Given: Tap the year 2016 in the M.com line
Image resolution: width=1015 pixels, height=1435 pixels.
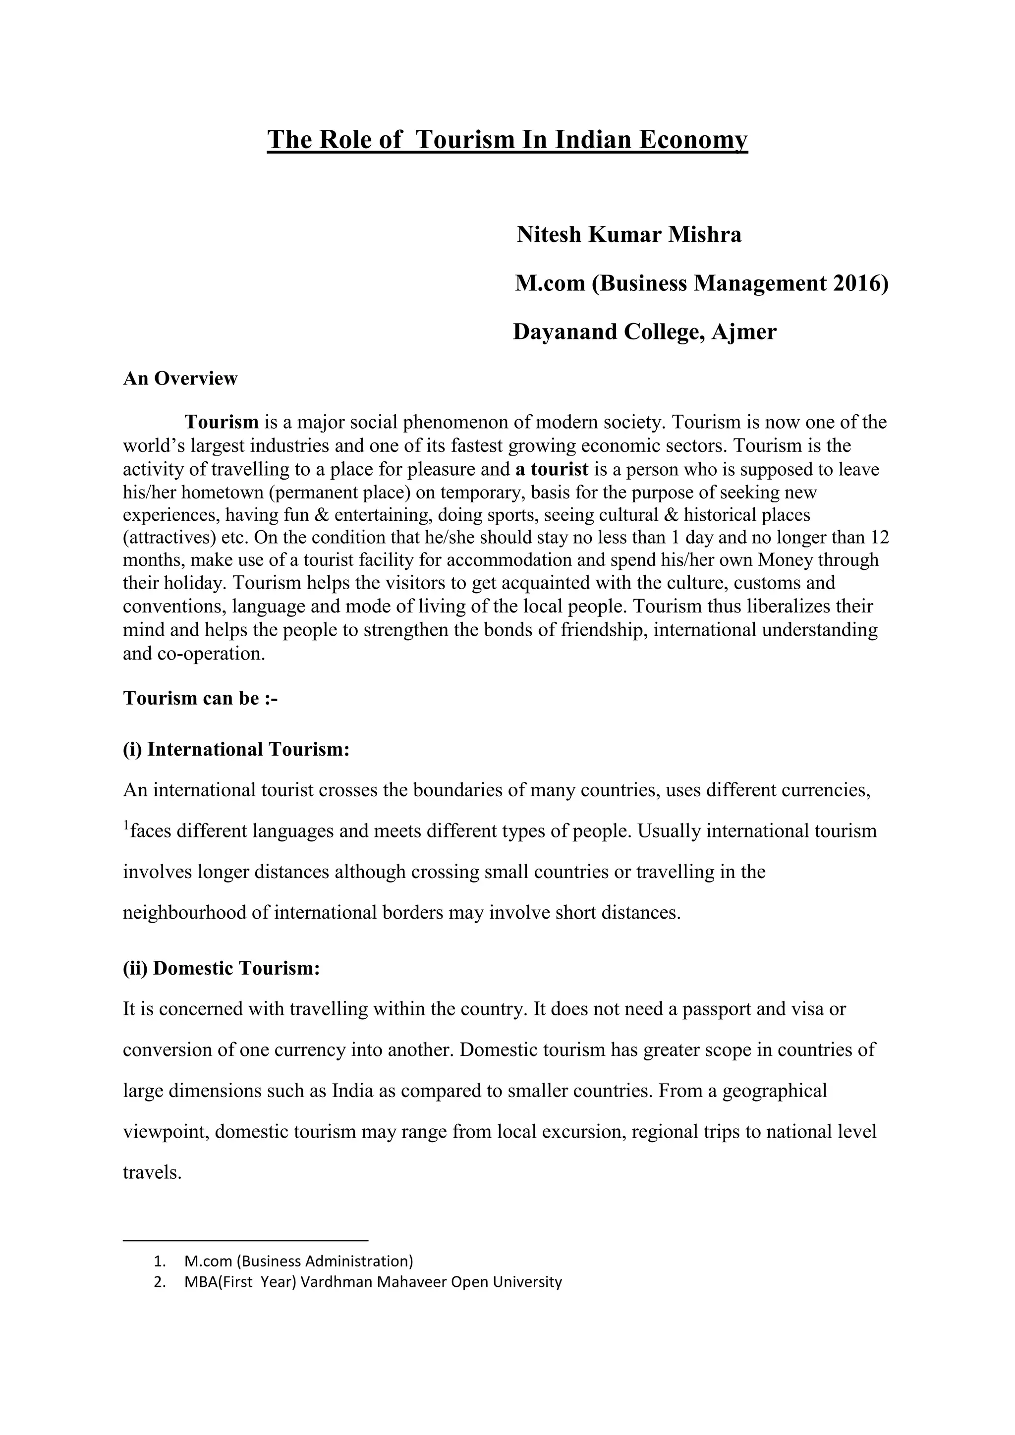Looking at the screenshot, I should click(860, 284).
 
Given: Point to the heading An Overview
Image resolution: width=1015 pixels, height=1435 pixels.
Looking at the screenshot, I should click(180, 379).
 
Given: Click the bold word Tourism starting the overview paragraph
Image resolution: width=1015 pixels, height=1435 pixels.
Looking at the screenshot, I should click(221, 423).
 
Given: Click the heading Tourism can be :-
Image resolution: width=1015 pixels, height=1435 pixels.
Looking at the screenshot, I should click(200, 698).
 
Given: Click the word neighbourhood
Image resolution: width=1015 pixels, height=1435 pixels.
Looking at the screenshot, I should click(184, 913).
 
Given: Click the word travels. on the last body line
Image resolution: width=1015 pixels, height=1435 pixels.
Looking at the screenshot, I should click(152, 1172).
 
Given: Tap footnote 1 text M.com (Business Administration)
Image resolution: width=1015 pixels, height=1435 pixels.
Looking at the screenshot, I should click(299, 1261).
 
